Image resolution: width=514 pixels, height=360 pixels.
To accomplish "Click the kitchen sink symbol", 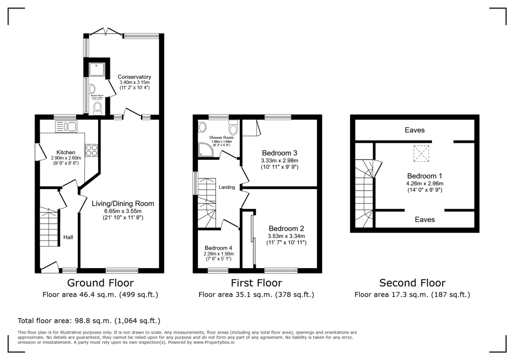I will pos(66,126).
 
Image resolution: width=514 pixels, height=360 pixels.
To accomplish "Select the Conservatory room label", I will pos(134,77).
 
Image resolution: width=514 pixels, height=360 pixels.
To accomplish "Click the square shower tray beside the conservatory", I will pos(96,69).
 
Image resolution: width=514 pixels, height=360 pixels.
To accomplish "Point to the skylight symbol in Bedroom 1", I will pos(421,153).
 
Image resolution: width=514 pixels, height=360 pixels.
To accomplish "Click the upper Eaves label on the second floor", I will pos(414,130).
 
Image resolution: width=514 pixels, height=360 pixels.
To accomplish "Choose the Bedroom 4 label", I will pos(218,248).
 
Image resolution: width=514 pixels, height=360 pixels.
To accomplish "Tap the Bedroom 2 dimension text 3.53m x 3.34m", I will pos(286,236).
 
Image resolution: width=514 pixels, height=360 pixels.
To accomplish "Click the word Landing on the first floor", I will pos(227,187).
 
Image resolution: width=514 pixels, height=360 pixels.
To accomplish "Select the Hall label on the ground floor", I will pos(68,237).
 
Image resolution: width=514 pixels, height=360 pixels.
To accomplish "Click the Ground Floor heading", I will pos(100,283).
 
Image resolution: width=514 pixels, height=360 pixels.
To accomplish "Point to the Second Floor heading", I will pos(412,283).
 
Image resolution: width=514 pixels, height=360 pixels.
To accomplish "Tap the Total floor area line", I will pos(89,321).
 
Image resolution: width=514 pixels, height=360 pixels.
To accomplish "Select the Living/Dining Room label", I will pos(123,204).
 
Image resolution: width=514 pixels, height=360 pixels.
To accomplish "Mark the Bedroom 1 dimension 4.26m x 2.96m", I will pos(424,183).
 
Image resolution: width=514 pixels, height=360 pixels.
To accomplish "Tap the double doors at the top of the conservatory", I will pos(105,32).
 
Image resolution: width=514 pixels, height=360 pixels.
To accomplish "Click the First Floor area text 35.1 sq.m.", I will pos(256,294).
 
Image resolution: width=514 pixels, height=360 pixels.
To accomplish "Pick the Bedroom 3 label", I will pos(280,153).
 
